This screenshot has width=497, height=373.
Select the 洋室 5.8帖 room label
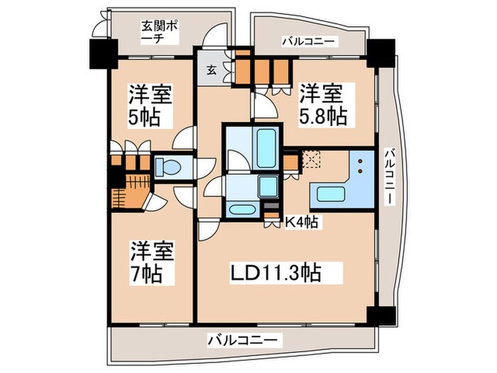tap(322, 104)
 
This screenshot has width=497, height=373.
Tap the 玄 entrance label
tap(212, 70)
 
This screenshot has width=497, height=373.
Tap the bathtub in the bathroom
tap(266, 147)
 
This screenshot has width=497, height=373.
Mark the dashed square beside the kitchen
tap(310, 158)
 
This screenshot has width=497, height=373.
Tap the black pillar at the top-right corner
tap(378, 51)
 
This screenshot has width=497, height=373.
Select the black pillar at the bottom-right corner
tap(379, 315)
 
